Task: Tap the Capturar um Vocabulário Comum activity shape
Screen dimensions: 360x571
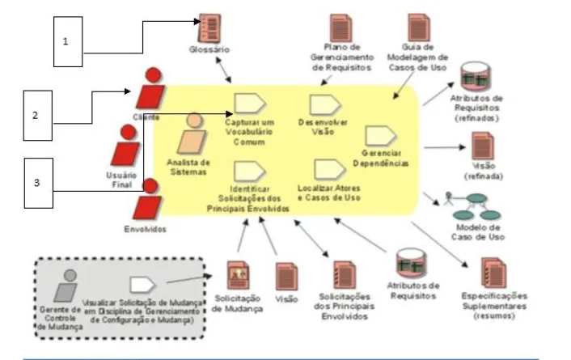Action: point(246,103)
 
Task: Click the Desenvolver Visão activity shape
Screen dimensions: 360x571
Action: point(320,104)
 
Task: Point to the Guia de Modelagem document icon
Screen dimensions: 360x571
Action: point(419,28)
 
